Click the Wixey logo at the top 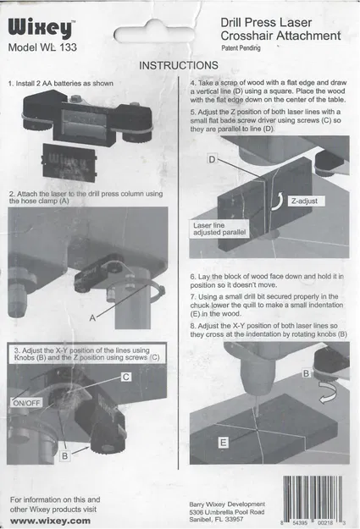point(41,28)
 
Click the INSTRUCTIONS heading point(179,65)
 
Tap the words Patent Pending point(241,48)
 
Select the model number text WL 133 point(58,47)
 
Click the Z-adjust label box point(307,201)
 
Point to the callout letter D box point(212,159)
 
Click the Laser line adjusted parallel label point(219,229)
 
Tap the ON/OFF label point(26,403)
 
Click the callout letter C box point(126,377)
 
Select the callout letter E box point(223,443)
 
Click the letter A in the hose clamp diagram point(92,317)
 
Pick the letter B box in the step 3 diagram point(65,456)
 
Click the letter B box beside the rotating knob point(307,373)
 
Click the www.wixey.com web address point(50,521)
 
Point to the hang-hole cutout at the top point(154,35)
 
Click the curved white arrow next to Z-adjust point(278,201)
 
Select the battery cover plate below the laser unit point(70,162)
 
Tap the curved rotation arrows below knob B point(328,393)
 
